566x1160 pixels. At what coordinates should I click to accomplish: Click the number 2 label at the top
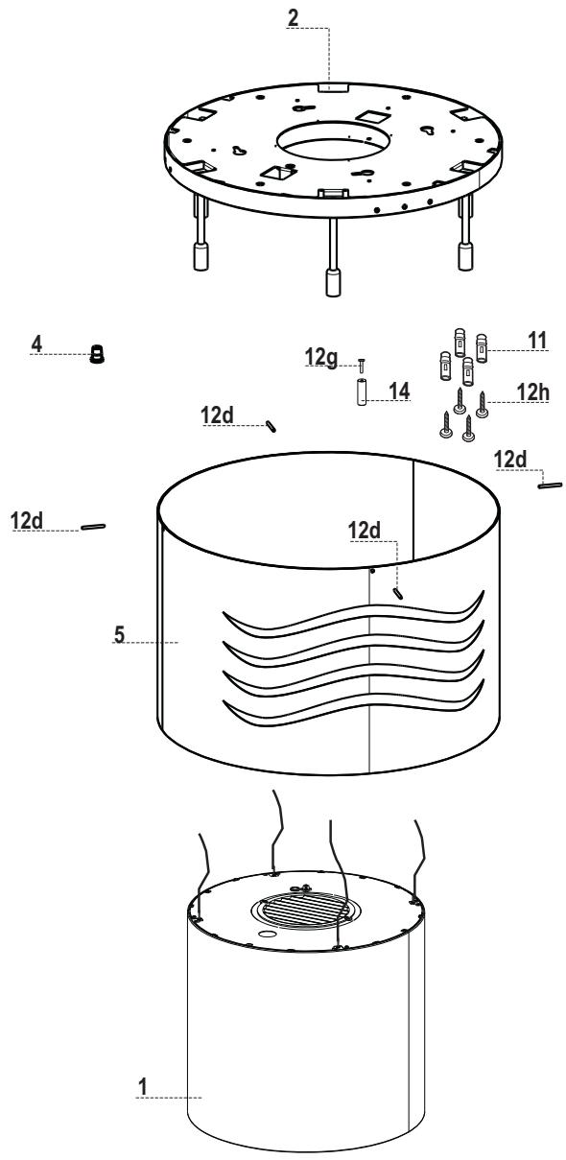tap(294, 17)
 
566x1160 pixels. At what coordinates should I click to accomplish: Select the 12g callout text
tap(321, 357)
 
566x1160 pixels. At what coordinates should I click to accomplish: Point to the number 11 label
tap(537, 341)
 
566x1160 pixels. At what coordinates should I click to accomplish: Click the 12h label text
tap(532, 392)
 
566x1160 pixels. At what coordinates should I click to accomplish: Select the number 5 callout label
tap(120, 634)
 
